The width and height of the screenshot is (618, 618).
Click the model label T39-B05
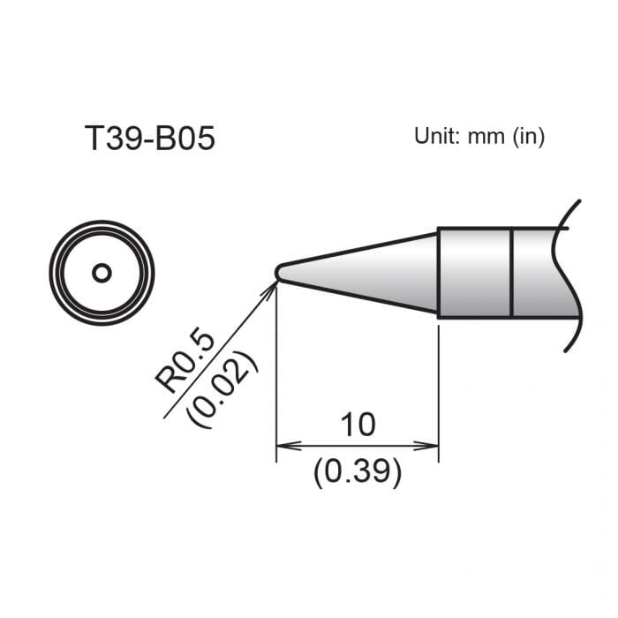pyautogui.click(x=148, y=139)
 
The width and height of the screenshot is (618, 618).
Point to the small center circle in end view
pyautogui.click(x=102, y=273)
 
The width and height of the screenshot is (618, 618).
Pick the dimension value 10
pyautogui.click(x=358, y=425)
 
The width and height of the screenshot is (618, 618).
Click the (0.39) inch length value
pyautogui.click(x=358, y=474)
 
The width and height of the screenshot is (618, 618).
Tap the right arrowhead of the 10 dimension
pyautogui.click(x=433, y=446)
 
